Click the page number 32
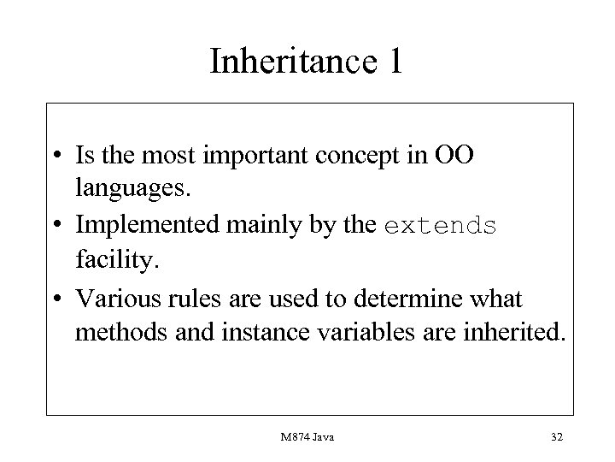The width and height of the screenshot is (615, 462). [x=556, y=437]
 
